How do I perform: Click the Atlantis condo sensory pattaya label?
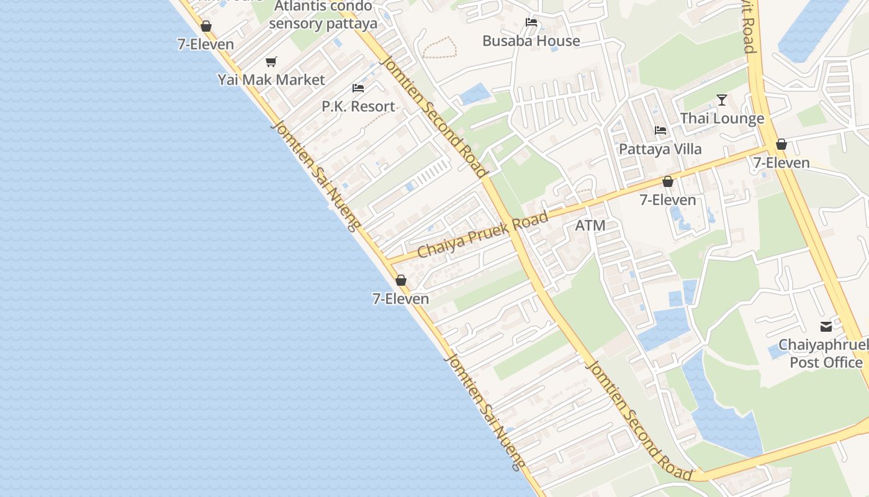coord(323,16)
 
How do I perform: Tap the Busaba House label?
coord(531,41)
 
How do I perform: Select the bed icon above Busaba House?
coord(531,22)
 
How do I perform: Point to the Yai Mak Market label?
coord(271,80)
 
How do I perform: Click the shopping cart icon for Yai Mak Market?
coord(271,62)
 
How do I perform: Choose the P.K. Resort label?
coord(358,106)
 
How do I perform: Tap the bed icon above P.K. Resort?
coord(358,88)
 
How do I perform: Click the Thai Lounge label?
coord(722,118)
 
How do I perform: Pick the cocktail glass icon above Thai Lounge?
coord(721,99)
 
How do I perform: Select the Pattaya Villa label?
coord(660,149)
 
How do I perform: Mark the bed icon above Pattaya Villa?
coord(660,130)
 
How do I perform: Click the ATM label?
coord(590,226)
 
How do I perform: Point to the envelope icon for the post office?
coord(826,326)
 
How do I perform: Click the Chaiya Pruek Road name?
coord(483,235)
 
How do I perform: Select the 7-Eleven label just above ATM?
coord(668,200)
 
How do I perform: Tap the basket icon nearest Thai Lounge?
coord(781,145)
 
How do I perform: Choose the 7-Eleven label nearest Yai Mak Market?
coord(205,44)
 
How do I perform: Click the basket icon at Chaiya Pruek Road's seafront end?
coord(401,280)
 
